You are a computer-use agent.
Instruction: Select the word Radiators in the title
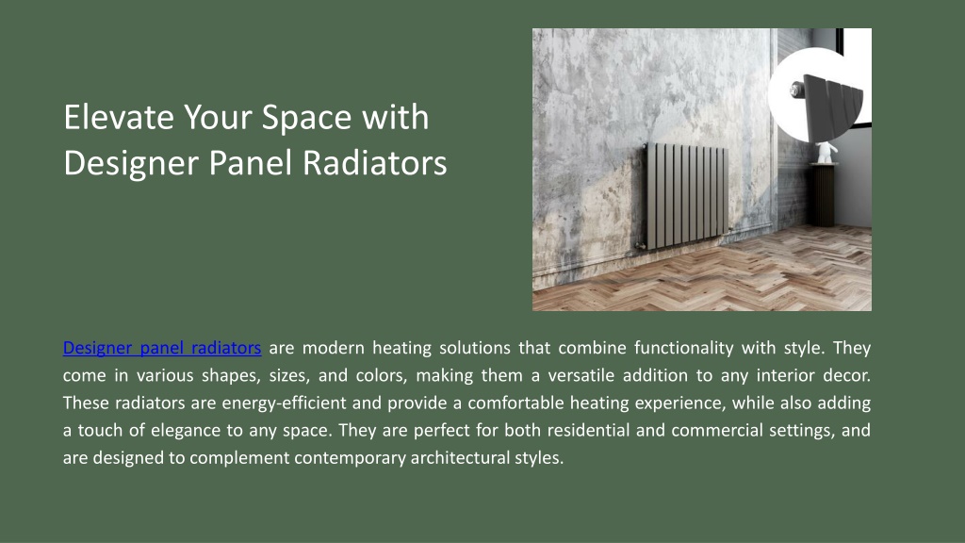pos(375,163)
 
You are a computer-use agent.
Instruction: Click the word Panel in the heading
pos(250,163)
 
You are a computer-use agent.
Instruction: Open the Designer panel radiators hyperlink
pos(162,348)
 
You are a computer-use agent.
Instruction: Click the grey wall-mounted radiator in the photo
pos(685,195)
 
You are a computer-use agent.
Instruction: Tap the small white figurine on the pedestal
pos(826,152)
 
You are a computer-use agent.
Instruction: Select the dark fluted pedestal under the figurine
pos(823,195)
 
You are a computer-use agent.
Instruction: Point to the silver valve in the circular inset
pos(794,91)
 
